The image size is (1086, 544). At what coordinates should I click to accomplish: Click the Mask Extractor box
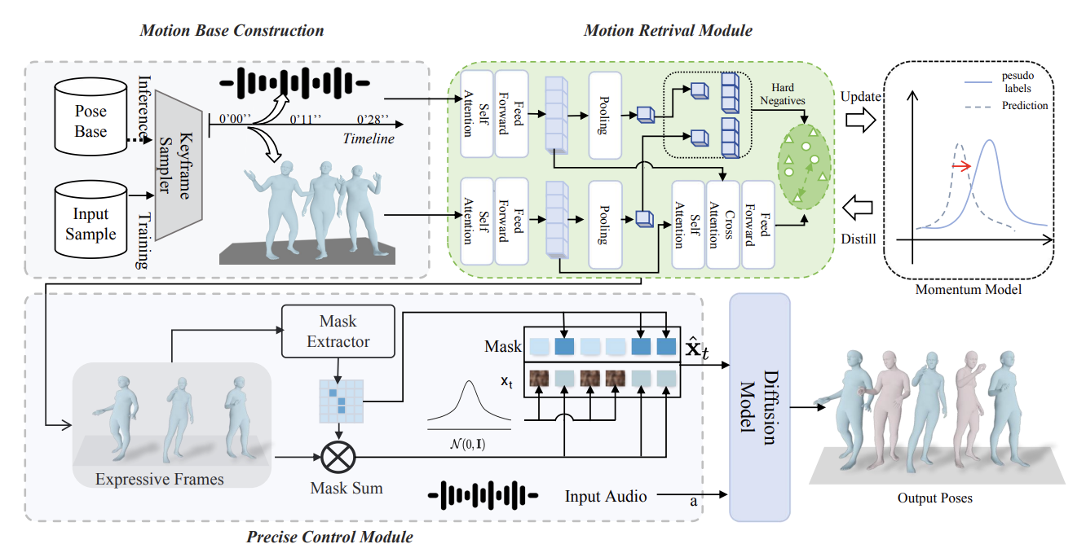(x=338, y=331)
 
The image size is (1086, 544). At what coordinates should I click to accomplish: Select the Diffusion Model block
(x=759, y=407)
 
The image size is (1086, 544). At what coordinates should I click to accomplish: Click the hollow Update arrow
(x=859, y=120)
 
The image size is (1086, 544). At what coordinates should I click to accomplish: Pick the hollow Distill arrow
(x=859, y=209)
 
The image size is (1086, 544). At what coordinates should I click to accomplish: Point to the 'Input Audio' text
(x=607, y=495)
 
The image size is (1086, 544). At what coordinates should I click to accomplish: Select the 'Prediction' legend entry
(x=1025, y=105)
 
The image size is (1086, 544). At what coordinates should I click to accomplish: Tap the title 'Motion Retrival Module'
(x=668, y=31)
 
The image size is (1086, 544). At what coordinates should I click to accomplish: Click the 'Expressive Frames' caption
(x=159, y=479)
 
